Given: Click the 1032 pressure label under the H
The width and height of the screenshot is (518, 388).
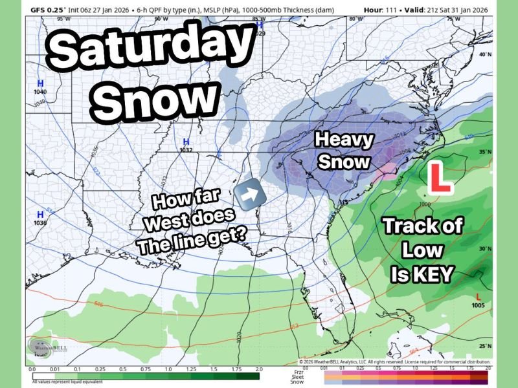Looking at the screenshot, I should pyautogui.click(x=186, y=150).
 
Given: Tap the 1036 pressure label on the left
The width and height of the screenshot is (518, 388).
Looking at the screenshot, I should pyautogui.click(x=40, y=222).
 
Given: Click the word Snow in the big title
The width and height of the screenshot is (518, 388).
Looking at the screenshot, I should pyautogui.click(x=158, y=99).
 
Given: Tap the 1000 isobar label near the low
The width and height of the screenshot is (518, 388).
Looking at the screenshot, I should pyautogui.click(x=425, y=204).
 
